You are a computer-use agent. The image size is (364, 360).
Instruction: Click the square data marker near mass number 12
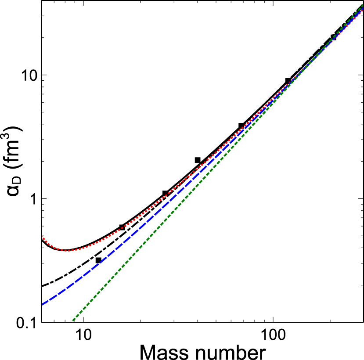98,260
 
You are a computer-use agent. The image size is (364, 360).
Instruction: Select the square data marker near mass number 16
122,227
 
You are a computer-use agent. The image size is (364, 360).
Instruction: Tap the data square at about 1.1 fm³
165,194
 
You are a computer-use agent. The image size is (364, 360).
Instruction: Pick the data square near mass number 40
198,160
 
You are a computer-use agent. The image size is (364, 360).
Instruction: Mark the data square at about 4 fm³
241,126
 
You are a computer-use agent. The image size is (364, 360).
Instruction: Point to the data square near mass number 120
288,81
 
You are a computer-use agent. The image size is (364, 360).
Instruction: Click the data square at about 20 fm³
333,38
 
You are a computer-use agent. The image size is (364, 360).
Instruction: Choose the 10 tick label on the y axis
28,75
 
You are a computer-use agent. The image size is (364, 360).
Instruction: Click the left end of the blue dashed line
42,305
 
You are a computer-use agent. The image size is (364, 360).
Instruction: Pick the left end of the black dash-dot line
42,286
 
